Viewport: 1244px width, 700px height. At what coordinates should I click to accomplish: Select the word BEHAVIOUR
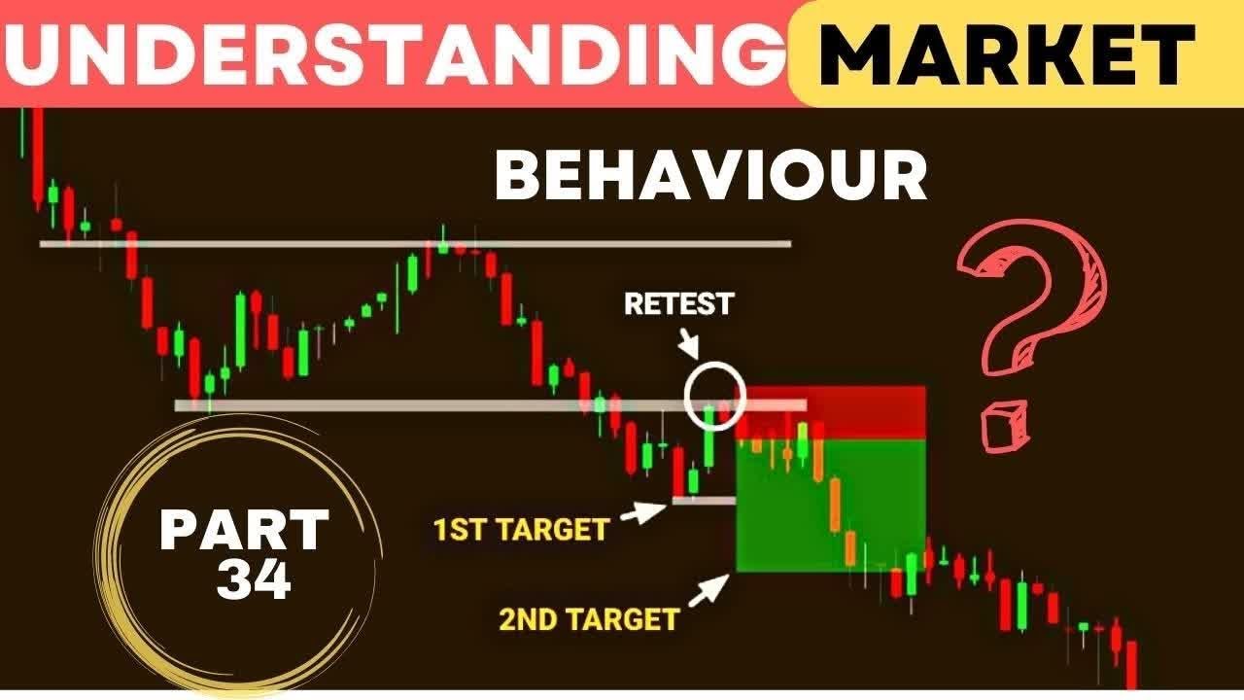click(x=710, y=176)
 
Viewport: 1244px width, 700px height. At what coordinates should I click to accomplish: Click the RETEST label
click(x=678, y=303)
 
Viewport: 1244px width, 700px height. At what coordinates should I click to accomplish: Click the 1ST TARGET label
click(x=521, y=529)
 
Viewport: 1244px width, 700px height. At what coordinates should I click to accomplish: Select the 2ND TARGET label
click(x=589, y=619)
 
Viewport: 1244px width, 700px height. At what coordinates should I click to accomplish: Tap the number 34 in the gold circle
click(x=254, y=580)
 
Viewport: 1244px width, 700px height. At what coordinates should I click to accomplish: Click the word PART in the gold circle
click(x=244, y=531)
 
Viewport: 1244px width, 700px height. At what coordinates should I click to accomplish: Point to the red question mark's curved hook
click(x=1050, y=282)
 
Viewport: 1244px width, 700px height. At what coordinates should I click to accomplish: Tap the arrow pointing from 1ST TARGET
click(x=643, y=511)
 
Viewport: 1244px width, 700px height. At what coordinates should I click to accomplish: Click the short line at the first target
click(x=703, y=501)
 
